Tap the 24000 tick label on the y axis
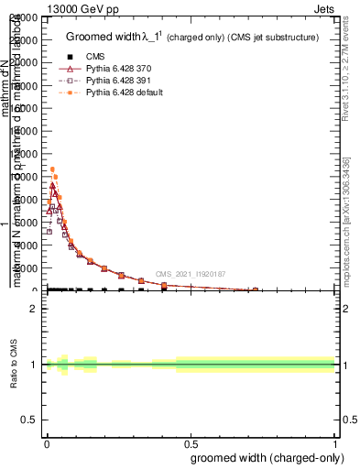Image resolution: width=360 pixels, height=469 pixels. click(x=26, y=18)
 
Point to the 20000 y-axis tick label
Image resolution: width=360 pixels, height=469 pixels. click(x=26, y=63)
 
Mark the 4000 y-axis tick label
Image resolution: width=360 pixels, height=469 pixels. click(x=27, y=245)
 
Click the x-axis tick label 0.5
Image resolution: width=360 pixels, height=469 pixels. click(x=191, y=443)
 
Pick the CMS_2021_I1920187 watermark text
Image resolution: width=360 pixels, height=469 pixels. click(x=190, y=274)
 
